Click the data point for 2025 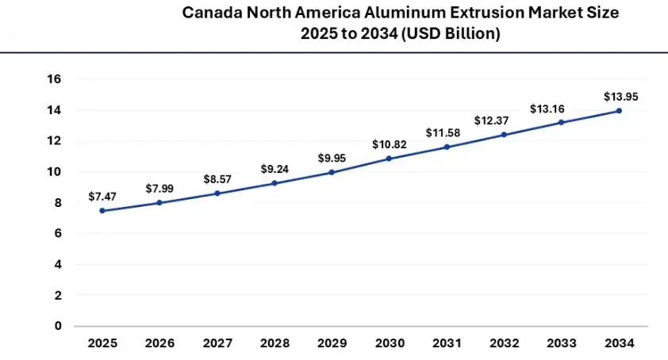102,211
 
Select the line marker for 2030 390,159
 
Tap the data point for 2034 619,110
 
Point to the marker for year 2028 274,183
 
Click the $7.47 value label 102,195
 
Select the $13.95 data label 620,96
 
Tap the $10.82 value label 389,144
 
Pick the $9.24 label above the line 274,169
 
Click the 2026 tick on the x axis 159,343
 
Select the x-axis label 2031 447,343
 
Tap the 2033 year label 562,343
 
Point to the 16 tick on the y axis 55,79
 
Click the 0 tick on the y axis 58,326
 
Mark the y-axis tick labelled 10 55,172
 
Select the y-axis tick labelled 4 58,264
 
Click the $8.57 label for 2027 217,179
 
